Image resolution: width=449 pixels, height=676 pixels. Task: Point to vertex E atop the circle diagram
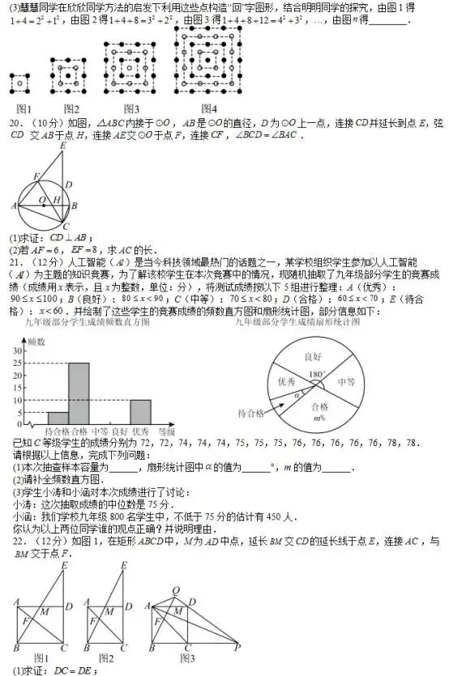click(x=62, y=146)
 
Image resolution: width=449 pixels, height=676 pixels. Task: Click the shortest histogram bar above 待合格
click(x=58, y=419)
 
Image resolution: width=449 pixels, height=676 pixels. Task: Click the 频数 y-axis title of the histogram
click(x=36, y=343)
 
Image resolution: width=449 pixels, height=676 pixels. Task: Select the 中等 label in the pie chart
click(x=347, y=381)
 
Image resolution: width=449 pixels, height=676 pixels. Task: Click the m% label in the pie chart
click(x=318, y=419)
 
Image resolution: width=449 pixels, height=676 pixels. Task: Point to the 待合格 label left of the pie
click(x=251, y=413)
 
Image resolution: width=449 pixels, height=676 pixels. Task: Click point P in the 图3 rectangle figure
click(x=237, y=648)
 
